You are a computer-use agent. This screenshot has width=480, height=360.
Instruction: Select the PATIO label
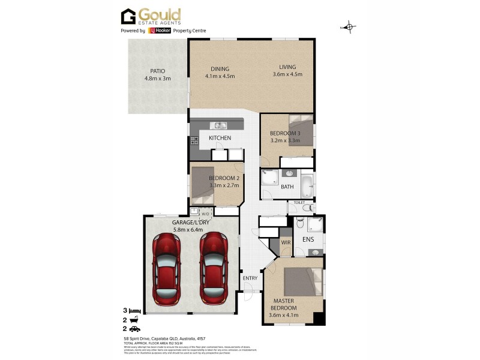click(157, 71)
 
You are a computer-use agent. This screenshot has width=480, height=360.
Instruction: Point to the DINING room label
click(219, 68)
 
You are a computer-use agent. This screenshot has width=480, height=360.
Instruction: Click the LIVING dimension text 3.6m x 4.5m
click(287, 75)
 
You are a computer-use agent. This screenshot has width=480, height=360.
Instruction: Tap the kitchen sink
click(218, 125)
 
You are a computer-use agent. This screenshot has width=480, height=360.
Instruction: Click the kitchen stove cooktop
click(194, 142)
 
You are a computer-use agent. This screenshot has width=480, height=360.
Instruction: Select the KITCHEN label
click(220, 138)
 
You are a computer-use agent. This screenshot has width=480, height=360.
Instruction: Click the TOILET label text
click(299, 203)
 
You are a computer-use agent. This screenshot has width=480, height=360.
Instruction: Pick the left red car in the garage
click(167, 268)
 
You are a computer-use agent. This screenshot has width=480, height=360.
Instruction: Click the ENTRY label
click(250, 278)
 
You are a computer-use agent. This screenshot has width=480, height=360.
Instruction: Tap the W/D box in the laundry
click(205, 213)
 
